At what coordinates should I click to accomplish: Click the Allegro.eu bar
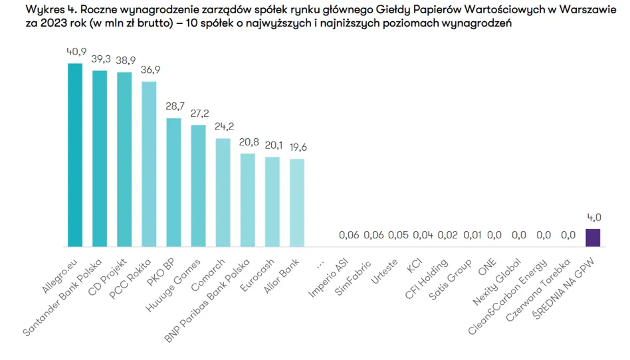click(x=75, y=155)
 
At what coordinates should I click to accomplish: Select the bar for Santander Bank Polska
click(x=100, y=158)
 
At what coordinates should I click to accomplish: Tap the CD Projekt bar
click(x=124, y=159)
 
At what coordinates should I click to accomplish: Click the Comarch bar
click(x=223, y=192)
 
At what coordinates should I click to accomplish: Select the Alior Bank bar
click(x=297, y=203)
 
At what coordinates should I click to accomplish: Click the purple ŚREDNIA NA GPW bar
click(x=592, y=237)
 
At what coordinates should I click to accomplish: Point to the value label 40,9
click(x=76, y=52)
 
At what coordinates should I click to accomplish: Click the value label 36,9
click(x=150, y=70)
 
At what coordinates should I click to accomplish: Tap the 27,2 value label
click(x=199, y=114)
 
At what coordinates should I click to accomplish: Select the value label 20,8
click(x=248, y=142)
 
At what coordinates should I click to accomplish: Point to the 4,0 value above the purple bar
click(x=593, y=217)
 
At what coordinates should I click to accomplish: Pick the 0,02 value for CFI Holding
click(x=447, y=234)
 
